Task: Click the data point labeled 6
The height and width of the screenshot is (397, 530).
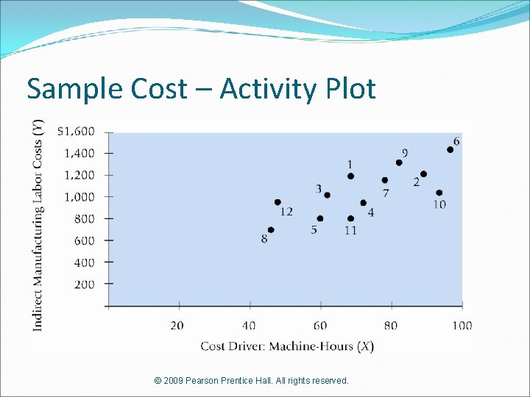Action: (451, 149)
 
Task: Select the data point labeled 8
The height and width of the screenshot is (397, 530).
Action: (271, 229)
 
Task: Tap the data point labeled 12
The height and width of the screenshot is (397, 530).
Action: (278, 202)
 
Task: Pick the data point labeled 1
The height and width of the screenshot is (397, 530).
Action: (350, 176)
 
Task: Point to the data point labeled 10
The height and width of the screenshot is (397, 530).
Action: (439, 193)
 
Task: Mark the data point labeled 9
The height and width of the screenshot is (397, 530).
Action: (399, 162)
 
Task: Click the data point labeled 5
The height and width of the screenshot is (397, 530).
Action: (319, 218)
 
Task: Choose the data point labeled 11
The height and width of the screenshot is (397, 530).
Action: (350, 218)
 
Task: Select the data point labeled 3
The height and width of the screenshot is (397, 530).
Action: (327, 195)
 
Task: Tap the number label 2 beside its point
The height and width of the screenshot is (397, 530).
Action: (417, 182)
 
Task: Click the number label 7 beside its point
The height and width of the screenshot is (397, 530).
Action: (386, 193)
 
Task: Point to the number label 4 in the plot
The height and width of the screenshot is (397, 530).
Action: (370, 212)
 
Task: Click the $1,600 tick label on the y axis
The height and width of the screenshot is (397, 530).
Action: (76, 132)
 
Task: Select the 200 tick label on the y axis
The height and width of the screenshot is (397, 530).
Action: (85, 284)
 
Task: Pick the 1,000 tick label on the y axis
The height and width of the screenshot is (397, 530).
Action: (79, 197)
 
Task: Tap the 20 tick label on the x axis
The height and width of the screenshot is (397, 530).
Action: (177, 325)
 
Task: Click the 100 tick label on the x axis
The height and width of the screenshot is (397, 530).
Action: (462, 325)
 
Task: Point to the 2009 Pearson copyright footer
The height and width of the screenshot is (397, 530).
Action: (252, 380)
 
